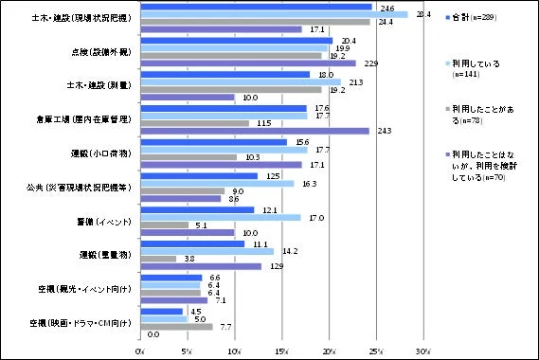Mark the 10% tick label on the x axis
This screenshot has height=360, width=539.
tap(235, 351)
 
